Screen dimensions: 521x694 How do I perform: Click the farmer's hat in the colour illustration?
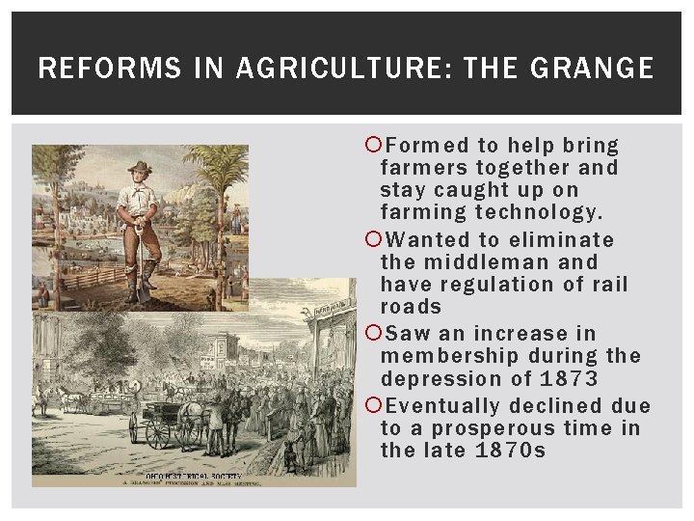(x=141, y=167)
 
